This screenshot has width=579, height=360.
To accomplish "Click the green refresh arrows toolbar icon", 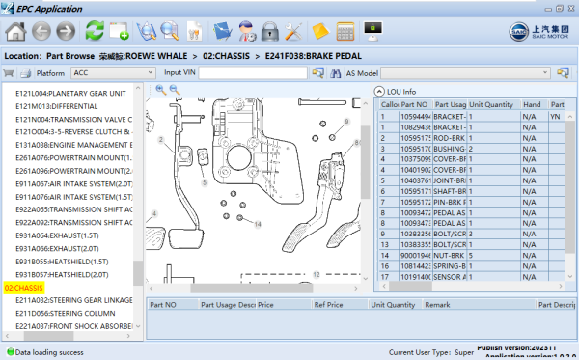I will coord(95,30).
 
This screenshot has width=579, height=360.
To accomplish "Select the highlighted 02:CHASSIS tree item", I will coord(24,288).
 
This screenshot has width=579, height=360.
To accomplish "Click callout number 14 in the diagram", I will coord(258,224).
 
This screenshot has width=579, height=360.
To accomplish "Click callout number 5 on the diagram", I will coord(204,181).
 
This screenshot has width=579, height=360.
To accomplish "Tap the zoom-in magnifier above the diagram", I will coord(160,89).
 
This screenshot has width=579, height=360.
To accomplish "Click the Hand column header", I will coord(531,104).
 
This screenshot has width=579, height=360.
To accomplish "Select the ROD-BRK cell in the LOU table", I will coord(449,138).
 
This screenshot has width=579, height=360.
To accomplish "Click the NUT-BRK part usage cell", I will coord(449,254).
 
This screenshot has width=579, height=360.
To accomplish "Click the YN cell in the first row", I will coord(556,116).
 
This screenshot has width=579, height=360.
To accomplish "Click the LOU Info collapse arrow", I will coord(379,92).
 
